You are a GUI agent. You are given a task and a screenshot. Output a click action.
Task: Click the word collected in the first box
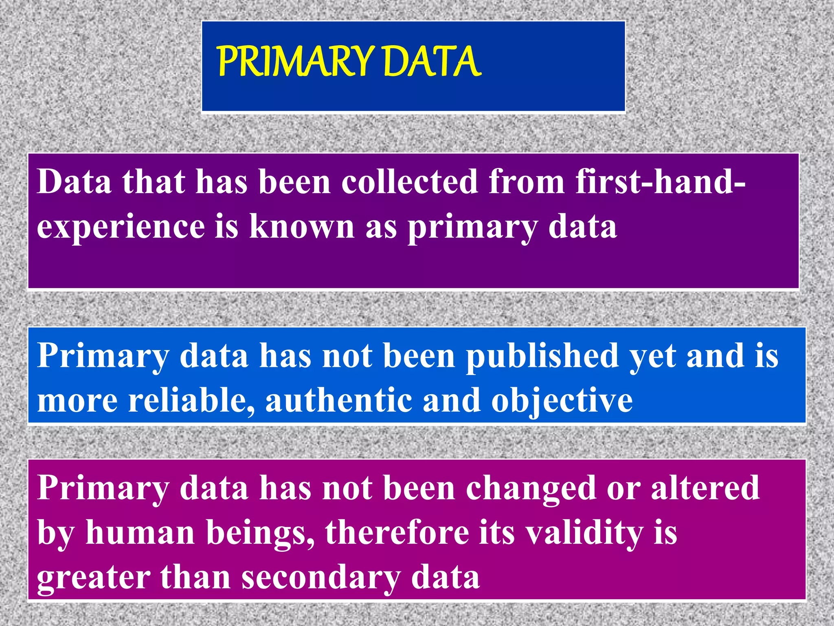pyautogui.click(x=409, y=182)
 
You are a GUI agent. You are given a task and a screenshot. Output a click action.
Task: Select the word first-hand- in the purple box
pyautogui.click(x=660, y=182)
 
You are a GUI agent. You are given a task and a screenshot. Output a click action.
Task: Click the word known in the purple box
pyautogui.click(x=302, y=226)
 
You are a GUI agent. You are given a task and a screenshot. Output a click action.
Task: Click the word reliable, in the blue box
pyautogui.click(x=191, y=401)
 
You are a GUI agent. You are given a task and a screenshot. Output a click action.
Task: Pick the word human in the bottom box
pyautogui.click(x=140, y=533)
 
